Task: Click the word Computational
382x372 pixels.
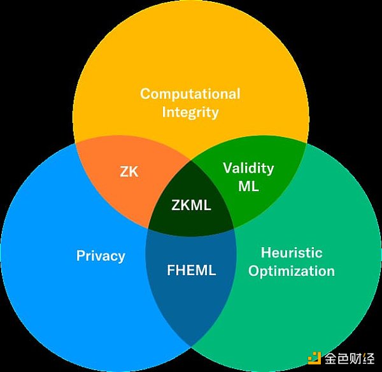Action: click(x=190, y=94)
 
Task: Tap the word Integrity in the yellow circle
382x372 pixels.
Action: click(x=190, y=112)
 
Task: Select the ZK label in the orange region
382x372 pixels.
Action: click(x=129, y=171)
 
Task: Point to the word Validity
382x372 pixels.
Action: click(x=248, y=168)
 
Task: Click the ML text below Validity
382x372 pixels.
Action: click(x=248, y=186)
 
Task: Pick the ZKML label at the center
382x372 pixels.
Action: click(x=191, y=205)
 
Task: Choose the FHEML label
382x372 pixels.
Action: click(x=192, y=270)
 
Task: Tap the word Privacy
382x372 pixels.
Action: click(x=101, y=256)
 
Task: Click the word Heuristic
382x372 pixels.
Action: click(x=292, y=252)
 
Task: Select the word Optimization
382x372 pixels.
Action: click(x=292, y=271)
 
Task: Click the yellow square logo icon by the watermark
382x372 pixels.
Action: click(x=315, y=358)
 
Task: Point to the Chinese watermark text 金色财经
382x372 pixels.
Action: click(x=350, y=358)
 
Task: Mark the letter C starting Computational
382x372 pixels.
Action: click(x=145, y=94)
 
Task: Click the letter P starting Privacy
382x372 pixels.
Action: click(x=81, y=255)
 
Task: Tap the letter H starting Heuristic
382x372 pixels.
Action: click(x=265, y=252)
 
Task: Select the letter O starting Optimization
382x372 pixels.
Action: click(x=254, y=271)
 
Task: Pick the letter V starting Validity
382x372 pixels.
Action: click(x=228, y=168)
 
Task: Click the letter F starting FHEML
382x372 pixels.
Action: click(x=171, y=270)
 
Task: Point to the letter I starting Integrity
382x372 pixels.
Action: click(x=164, y=112)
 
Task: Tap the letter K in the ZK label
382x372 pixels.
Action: click(x=134, y=171)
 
